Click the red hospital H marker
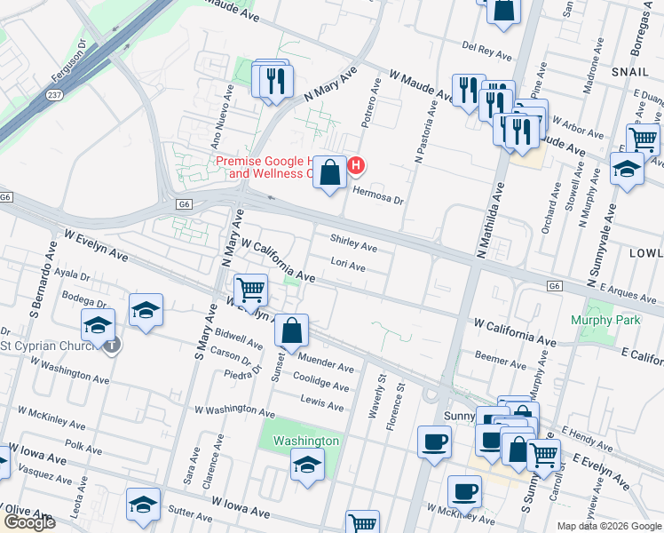click(356, 165)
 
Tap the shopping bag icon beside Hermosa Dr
click(330, 173)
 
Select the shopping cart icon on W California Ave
click(250, 290)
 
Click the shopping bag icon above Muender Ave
click(291, 331)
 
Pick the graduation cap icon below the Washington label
click(307, 465)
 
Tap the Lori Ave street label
click(347, 266)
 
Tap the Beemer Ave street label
click(501, 362)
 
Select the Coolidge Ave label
click(323, 386)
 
